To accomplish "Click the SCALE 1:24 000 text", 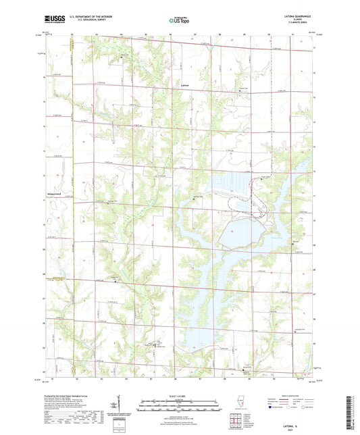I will point(179,396).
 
